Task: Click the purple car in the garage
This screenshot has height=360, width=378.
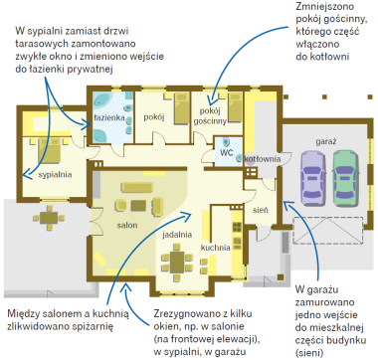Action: pyautogui.click(x=313, y=178)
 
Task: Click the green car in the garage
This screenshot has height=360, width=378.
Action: pyautogui.click(x=346, y=178)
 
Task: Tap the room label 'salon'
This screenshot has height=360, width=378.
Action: pyautogui.click(x=127, y=226)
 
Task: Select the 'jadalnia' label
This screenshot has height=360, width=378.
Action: pyautogui.click(x=177, y=235)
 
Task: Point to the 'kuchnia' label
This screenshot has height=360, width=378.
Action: pyautogui.click(x=216, y=248)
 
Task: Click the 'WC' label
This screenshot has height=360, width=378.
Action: pyautogui.click(x=227, y=153)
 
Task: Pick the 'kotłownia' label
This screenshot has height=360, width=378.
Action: pyautogui.click(x=263, y=159)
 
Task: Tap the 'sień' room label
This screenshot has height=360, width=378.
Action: pyautogui.click(x=261, y=210)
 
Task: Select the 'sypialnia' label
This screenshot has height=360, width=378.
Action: pyautogui.click(x=55, y=175)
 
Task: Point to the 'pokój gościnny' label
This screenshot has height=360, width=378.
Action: pyautogui.click(x=210, y=116)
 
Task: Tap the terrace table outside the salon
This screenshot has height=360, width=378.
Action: pyautogui.click(x=49, y=218)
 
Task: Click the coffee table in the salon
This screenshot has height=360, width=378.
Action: pyautogui.click(x=138, y=206)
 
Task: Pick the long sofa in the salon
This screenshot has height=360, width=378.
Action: pyautogui.click(x=137, y=187)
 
